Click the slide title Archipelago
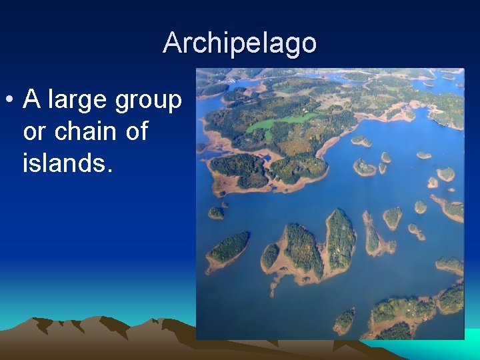coord(240,43)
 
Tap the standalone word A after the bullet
coord(31,100)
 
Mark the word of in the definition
coord(136,131)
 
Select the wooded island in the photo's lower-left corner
coord(229,248)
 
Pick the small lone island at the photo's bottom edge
coord(344,320)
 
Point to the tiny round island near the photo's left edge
coord(216,213)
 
